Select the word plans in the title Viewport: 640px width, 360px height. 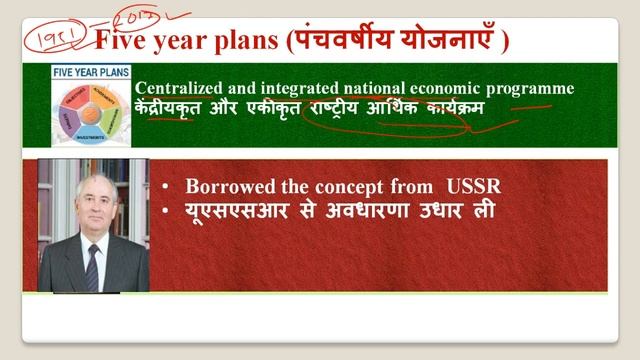click(246, 41)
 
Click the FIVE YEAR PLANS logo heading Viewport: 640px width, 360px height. click(91, 72)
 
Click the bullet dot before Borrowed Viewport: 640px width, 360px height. click(165, 186)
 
